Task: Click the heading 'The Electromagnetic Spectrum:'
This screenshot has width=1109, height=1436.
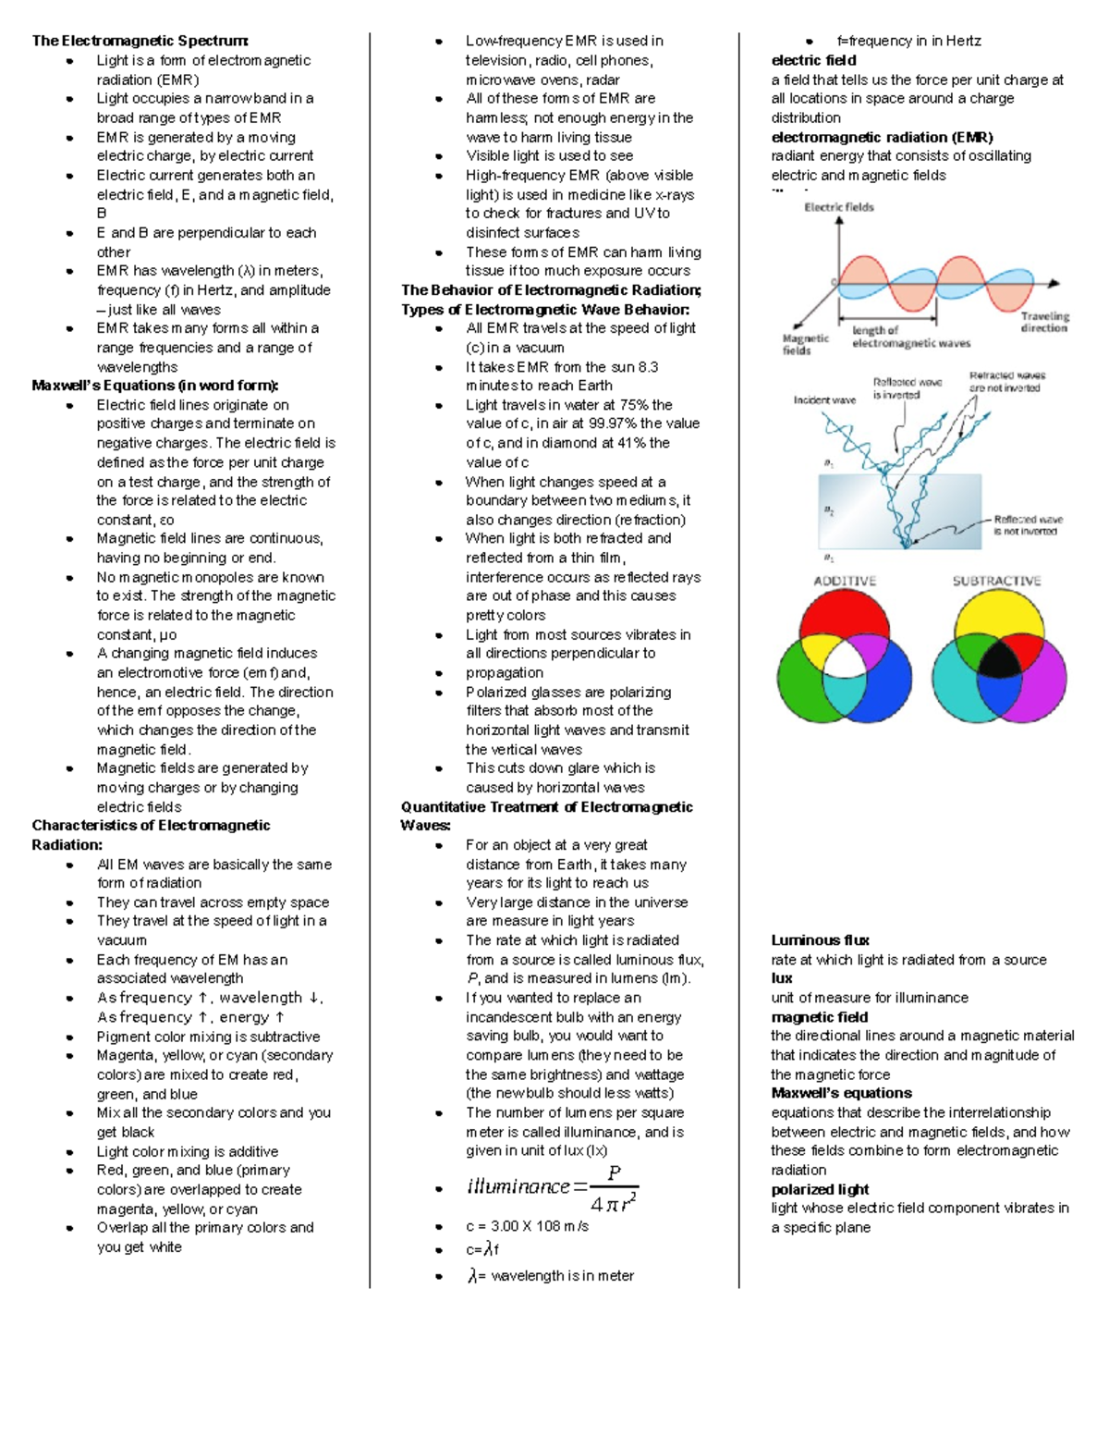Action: (x=140, y=41)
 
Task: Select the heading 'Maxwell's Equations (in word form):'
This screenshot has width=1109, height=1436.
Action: (x=154, y=386)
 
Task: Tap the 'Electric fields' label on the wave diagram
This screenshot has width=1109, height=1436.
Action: (x=838, y=207)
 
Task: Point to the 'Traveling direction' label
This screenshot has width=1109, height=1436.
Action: (x=1044, y=322)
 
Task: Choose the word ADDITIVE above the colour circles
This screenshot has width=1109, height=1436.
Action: (x=845, y=581)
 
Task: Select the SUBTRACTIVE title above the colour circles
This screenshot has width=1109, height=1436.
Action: (x=996, y=581)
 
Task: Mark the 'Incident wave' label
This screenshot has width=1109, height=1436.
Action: (x=824, y=399)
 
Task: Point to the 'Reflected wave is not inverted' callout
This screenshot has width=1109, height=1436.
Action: (x=1028, y=525)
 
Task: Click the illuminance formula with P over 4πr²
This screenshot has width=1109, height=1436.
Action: (x=553, y=1188)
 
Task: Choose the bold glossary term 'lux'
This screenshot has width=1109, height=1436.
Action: (x=782, y=978)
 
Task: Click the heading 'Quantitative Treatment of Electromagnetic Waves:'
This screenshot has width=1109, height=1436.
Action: (x=546, y=816)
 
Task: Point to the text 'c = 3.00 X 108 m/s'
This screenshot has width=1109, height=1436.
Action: (x=527, y=1226)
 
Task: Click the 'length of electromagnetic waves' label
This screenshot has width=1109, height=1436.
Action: (x=910, y=337)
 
